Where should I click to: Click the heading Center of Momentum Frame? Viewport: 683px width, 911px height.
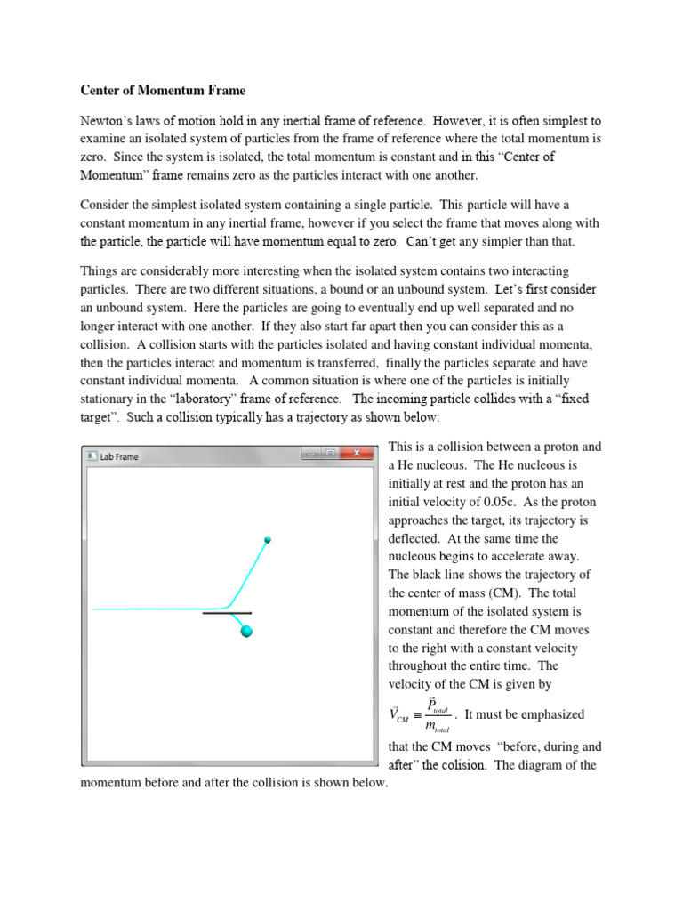click(163, 90)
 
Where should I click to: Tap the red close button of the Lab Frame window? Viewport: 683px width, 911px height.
click(358, 454)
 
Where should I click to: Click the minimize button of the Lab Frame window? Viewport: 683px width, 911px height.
click(310, 454)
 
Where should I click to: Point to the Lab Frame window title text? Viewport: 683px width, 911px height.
click(119, 456)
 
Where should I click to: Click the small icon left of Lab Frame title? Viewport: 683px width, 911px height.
click(92, 456)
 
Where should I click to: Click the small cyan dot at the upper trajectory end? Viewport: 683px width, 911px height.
click(268, 540)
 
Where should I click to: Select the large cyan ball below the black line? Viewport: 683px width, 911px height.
click(247, 632)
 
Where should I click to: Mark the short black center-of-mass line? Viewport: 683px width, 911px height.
click(227, 613)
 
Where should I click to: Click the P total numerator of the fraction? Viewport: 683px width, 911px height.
click(437, 706)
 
